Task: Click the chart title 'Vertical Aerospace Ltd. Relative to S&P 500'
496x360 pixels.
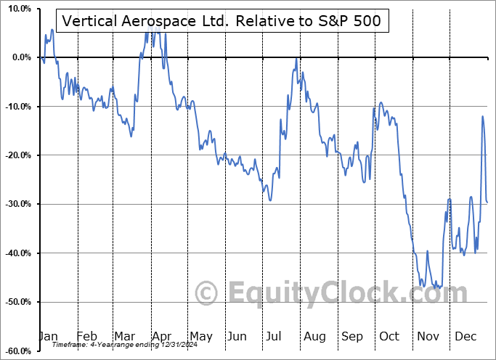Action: [x=222, y=22]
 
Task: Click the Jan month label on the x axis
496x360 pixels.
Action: [x=49, y=337]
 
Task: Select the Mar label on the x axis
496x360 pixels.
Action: [x=124, y=337]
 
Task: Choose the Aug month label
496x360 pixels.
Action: [x=314, y=337]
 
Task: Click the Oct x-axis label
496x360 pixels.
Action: [x=389, y=337]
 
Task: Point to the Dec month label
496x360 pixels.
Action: [x=465, y=337]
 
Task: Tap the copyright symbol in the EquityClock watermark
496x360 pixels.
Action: [x=207, y=293]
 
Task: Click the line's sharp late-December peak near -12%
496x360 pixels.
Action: [x=482, y=116]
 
